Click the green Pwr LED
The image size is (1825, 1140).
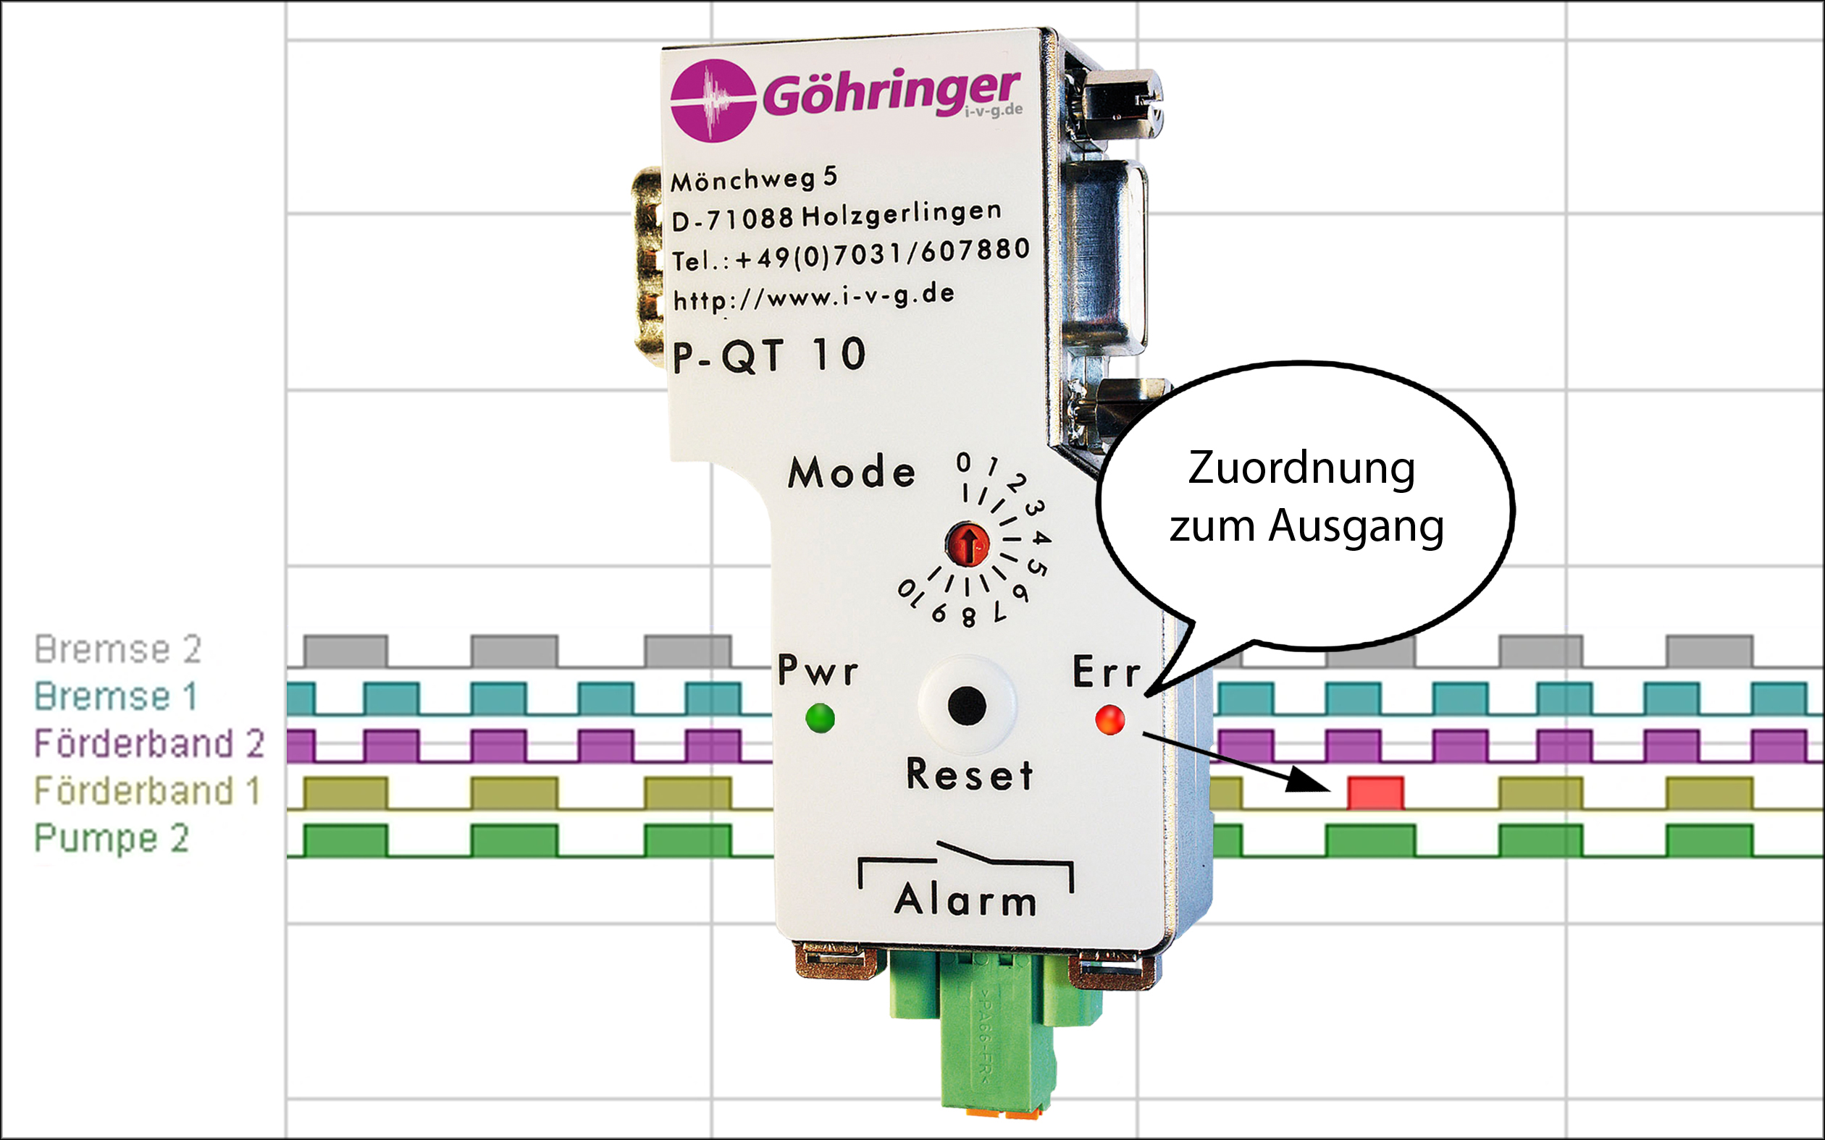(820, 717)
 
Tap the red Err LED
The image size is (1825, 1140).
(1109, 719)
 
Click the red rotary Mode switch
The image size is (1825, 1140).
(968, 544)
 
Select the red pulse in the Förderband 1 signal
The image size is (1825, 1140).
(1375, 793)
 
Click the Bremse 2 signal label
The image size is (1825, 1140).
(118, 649)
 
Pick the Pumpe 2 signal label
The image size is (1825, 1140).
(112, 838)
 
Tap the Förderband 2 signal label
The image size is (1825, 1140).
(149, 743)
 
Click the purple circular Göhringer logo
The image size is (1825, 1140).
(713, 101)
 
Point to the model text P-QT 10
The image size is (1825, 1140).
(769, 355)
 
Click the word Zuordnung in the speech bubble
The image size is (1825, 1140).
(1301, 468)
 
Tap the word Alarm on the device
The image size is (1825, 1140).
(965, 900)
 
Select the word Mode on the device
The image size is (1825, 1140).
(852, 473)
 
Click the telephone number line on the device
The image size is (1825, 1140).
(851, 254)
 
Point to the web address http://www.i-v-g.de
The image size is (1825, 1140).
(814, 297)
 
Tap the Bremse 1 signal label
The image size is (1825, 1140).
(115, 696)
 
